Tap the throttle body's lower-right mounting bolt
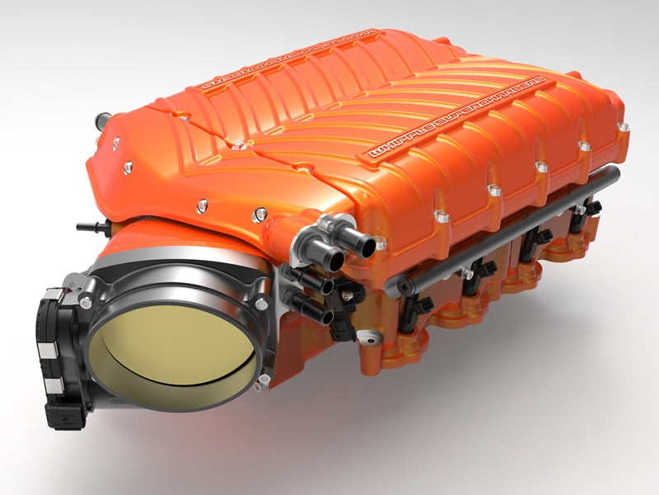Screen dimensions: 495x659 pos(263,379)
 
